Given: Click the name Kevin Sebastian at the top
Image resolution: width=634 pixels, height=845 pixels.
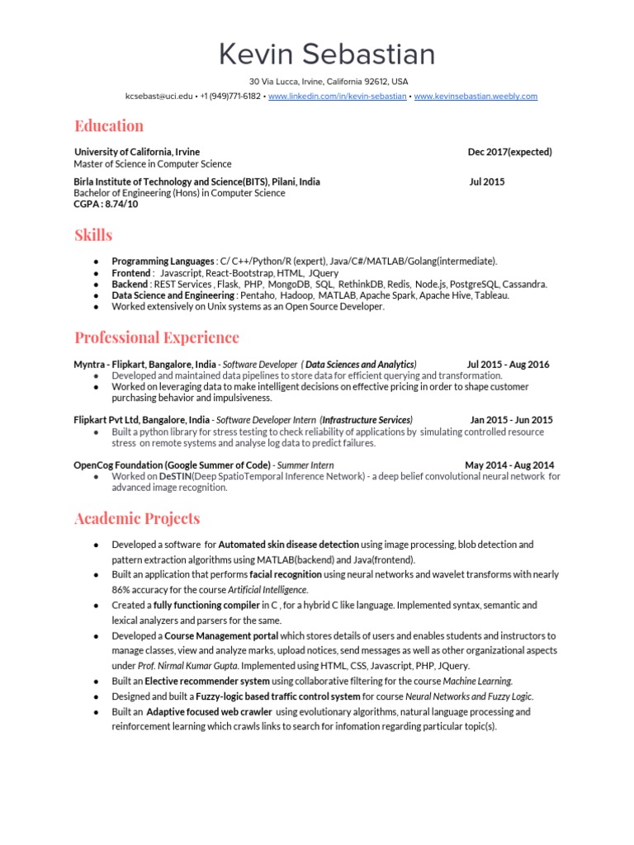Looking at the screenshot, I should (x=326, y=55).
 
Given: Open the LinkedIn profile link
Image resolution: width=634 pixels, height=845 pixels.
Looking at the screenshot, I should (x=338, y=97).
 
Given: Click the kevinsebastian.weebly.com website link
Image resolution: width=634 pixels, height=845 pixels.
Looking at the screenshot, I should (x=475, y=97).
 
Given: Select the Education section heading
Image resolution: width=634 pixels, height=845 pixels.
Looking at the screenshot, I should (x=109, y=126).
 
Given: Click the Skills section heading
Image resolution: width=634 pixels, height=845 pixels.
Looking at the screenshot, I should (x=93, y=236).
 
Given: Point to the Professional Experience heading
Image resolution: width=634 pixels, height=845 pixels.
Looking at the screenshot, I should (x=157, y=338).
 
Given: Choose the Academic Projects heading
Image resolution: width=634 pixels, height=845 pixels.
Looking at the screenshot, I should (x=137, y=519).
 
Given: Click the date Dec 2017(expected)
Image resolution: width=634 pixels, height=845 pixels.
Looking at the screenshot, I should (x=509, y=152).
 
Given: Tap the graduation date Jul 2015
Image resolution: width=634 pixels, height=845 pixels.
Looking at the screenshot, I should (x=487, y=182).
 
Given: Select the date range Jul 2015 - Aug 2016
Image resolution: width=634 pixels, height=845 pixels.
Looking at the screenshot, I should (x=508, y=364).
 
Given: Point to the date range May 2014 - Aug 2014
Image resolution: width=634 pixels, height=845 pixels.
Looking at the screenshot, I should (x=509, y=465).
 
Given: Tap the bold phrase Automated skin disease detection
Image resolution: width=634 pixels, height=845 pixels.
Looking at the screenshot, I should (x=288, y=545).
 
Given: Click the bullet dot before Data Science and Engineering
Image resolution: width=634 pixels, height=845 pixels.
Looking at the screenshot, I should (x=97, y=295).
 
